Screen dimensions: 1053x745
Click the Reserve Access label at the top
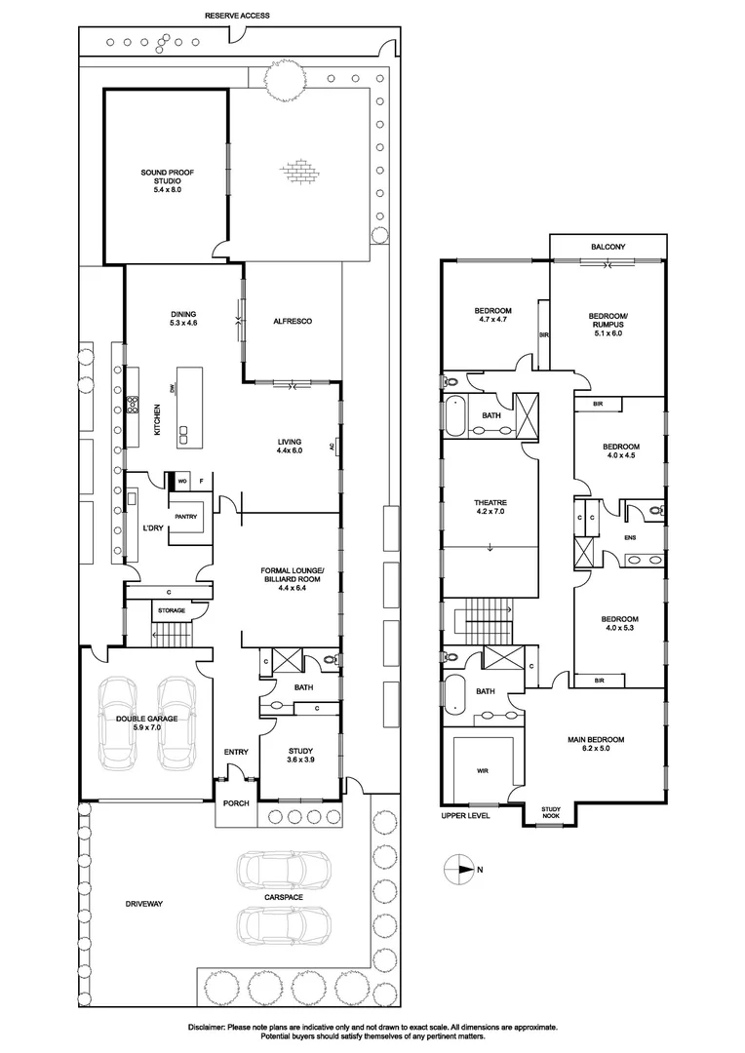[237, 17]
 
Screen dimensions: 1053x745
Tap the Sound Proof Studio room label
[168, 181]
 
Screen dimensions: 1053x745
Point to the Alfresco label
[293, 322]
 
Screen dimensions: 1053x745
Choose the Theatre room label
[490, 507]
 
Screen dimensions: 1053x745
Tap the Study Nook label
[552, 811]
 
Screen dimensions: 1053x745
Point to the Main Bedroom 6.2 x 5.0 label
[596, 745]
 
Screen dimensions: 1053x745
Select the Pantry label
[186, 517]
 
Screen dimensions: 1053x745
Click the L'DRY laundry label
[152, 527]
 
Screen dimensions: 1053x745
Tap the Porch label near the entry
[235, 803]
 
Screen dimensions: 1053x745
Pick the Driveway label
[143, 904]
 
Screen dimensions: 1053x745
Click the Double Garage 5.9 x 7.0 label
[147, 722]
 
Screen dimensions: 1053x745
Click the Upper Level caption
[463, 814]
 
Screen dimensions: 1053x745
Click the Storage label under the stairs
[172, 610]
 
